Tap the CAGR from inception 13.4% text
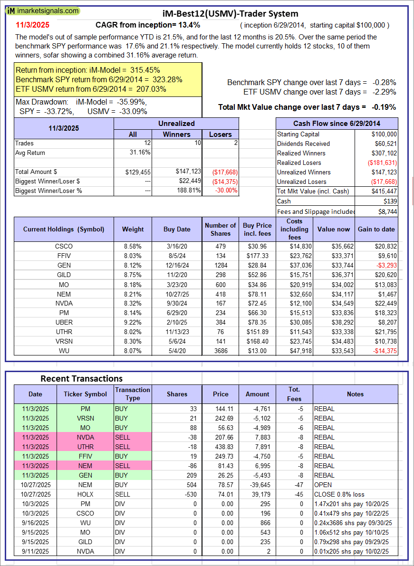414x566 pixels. (148, 25)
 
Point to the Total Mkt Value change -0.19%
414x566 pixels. (307, 107)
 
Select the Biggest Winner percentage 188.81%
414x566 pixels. (188, 191)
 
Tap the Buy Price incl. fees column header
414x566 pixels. (257, 229)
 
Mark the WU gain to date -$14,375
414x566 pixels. (378, 351)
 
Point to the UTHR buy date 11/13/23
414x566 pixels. (176, 332)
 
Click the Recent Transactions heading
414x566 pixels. (81, 378)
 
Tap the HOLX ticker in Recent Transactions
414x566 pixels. (86, 494)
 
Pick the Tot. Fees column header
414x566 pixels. (294, 394)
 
